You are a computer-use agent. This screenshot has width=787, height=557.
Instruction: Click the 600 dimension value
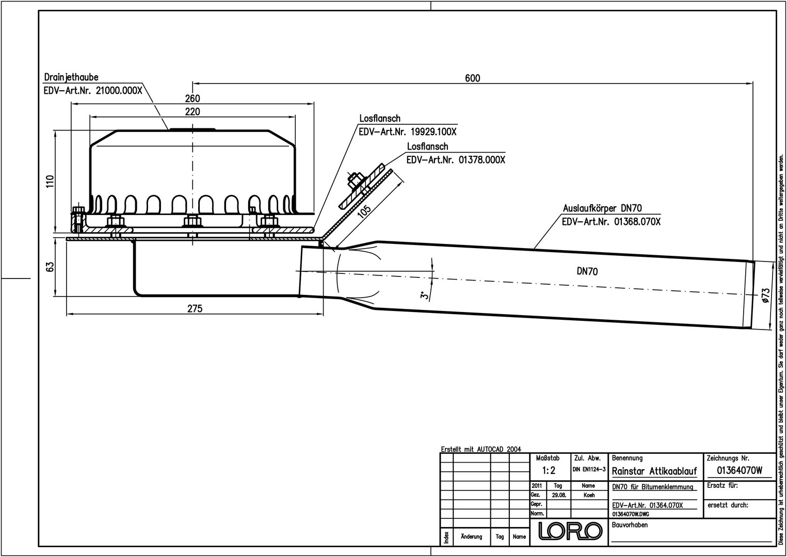coord(472,78)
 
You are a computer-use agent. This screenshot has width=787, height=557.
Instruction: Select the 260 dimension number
coord(192,99)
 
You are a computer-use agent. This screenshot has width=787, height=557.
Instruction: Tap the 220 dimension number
coord(192,111)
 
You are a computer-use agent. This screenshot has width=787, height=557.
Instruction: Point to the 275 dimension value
coord(195,308)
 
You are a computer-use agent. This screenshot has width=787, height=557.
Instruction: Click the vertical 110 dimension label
coord(50,182)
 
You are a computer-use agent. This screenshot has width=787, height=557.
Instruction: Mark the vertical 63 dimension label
coord(50,267)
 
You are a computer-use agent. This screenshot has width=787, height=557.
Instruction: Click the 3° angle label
coord(423,296)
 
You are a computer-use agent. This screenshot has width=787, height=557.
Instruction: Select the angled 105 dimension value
coord(364,211)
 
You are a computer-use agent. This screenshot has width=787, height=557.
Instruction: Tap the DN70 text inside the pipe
coord(587,271)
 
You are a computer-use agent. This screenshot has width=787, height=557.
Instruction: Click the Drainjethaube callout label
coord(71,77)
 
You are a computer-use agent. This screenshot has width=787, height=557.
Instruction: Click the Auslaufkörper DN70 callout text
coord(602,208)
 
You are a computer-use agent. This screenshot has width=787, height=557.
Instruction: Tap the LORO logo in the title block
coord(570,531)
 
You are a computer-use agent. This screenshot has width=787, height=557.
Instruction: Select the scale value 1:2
coord(549,470)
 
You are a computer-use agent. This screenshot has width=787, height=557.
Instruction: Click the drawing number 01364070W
coord(740,470)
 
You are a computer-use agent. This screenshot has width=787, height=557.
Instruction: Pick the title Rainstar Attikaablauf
coord(654,471)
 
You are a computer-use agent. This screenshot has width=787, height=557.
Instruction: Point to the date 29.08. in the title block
coord(558,495)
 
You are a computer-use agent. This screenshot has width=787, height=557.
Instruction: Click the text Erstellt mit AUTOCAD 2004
coord(481,449)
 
